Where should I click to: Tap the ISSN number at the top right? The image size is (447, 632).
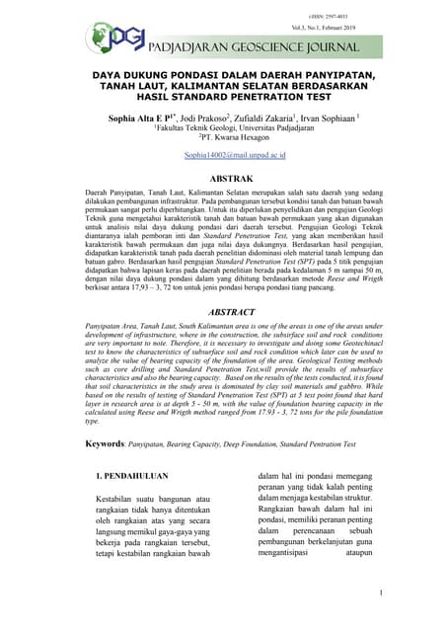tap(377, 9)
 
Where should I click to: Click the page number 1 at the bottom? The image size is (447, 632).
tap(380, 592)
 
